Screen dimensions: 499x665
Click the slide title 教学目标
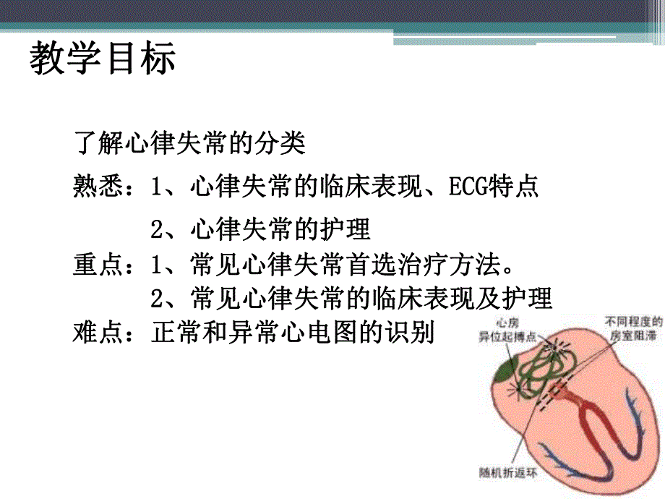(103, 59)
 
